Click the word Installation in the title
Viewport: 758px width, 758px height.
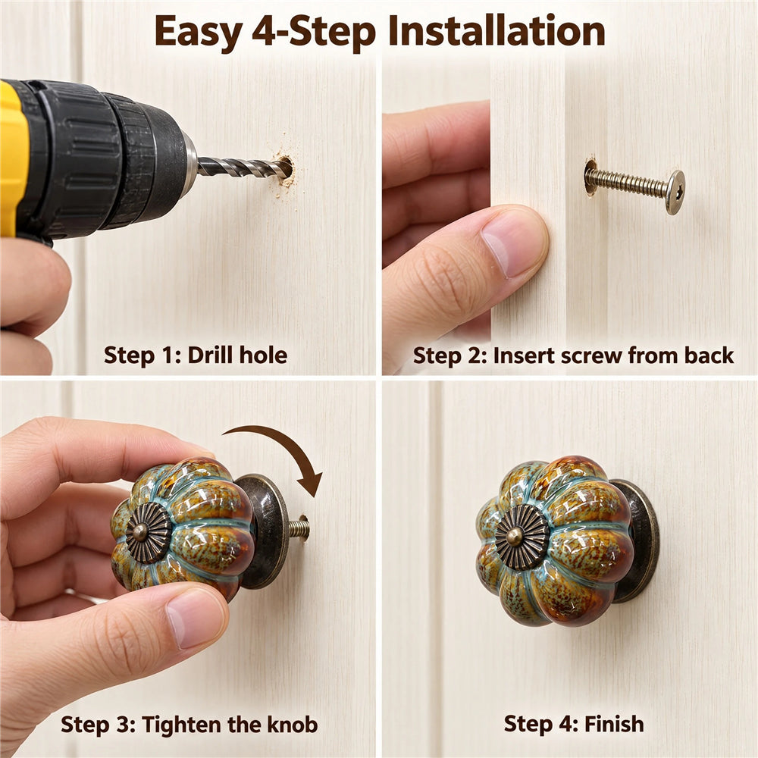(496, 31)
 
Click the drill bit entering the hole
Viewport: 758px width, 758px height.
(245, 168)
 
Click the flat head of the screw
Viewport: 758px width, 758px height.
(675, 192)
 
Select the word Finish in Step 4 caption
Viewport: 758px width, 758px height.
(614, 724)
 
